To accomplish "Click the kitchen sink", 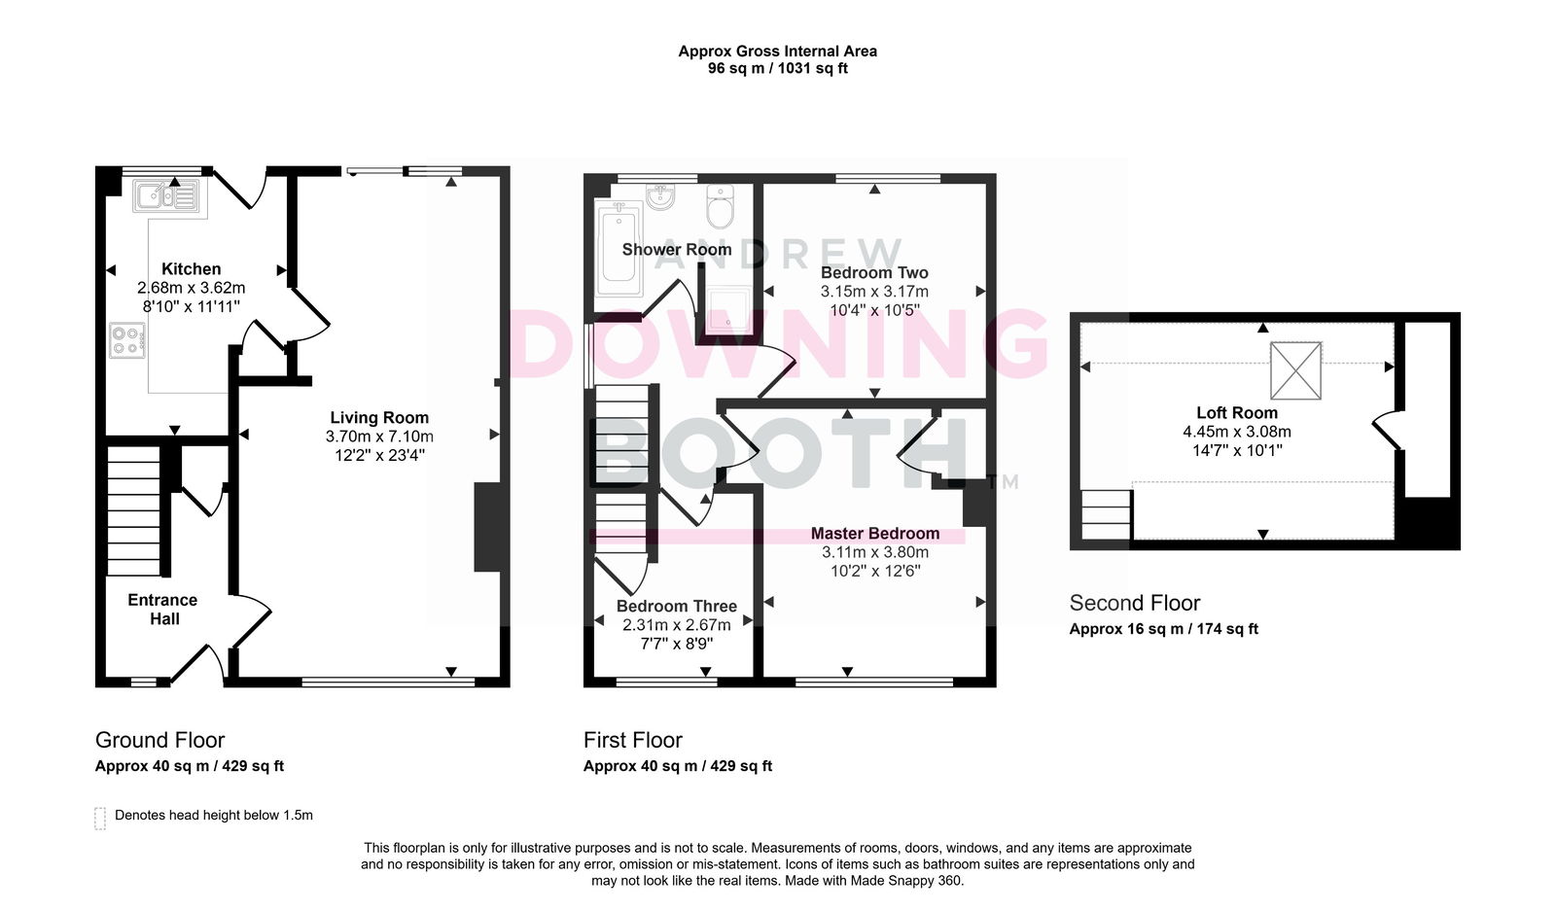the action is point(166,195).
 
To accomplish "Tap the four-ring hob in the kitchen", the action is point(127,341).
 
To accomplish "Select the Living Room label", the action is point(379,417).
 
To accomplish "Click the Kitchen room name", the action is point(191,269).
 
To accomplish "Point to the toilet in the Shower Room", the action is point(721,205).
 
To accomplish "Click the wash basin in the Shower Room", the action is point(660,196).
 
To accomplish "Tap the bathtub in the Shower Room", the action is point(619,249).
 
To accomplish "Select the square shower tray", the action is point(727,309).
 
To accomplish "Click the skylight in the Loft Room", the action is point(1295,370).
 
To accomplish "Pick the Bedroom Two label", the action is point(874,272).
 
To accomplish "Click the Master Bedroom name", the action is point(875,534).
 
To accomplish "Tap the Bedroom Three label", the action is point(677,606).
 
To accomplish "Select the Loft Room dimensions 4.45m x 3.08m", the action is point(1237,432).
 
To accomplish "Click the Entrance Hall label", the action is point(163,610).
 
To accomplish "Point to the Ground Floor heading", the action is point(159,740).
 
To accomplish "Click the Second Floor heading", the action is point(1135,602).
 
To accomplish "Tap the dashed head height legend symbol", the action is point(100,819).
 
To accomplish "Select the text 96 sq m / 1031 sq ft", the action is point(778,68).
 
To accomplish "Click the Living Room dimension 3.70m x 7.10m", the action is point(379,437).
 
